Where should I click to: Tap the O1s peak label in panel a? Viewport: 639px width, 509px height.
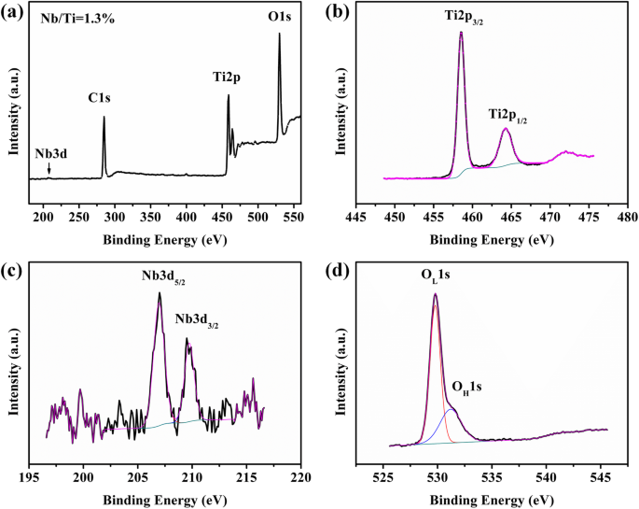click(279, 18)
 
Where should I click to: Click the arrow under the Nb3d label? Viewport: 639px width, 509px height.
click(49, 169)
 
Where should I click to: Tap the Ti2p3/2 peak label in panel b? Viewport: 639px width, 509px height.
click(462, 18)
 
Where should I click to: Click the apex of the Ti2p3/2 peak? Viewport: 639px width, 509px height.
click(461, 33)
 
